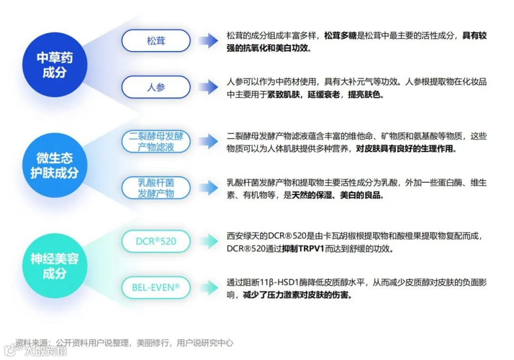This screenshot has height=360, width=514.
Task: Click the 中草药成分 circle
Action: (x=55, y=65)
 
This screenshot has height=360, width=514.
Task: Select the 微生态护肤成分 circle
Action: (x=55, y=165)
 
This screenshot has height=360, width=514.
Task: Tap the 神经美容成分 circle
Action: (x=55, y=266)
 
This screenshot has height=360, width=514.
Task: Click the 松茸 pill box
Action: (x=156, y=41)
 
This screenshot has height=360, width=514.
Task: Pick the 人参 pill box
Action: (x=156, y=88)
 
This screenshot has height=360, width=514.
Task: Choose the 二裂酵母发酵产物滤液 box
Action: (x=156, y=141)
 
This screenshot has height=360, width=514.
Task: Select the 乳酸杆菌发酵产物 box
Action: (x=156, y=188)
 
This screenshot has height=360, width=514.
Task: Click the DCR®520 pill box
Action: (x=156, y=241)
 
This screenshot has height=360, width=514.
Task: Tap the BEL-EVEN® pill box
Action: (x=156, y=287)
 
